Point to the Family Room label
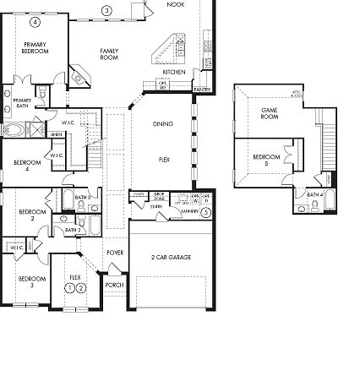(x=109, y=54)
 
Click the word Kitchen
(x=174, y=73)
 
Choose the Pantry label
(x=202, y=88)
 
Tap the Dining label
(x=163, y=123)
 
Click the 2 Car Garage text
(x=170, y=257)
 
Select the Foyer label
(x=115, y=253)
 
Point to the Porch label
(x=113, y=286)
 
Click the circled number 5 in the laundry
(x=205, y=212)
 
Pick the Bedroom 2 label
(x=32, y=215)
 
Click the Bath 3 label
(x=82, y=198)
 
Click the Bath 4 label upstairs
(x=314, y=194)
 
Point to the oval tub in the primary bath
(x=14, y=129)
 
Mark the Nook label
(x=176, y=4)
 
